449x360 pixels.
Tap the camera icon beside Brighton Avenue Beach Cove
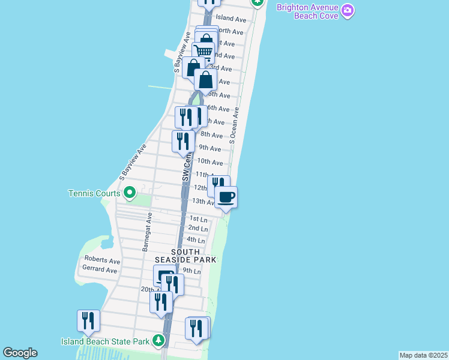[348, 10]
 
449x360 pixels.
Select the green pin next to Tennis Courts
[129, 193]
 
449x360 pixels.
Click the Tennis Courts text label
[94, 193]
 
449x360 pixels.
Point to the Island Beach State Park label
[105, 341]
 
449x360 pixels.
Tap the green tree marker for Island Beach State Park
[158, 341]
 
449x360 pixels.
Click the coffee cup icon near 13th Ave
[226, 197]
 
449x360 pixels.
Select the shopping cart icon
[203, 52]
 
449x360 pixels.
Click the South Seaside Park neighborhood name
[185, 256]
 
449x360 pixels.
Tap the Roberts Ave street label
[102, 261]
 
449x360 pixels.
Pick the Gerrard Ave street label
[100, 270]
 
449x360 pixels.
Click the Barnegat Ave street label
[148, 231]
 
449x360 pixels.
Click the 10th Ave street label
[210, 161]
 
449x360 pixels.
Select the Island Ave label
[231, 19]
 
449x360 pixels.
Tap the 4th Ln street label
[196, 240]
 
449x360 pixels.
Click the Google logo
[20, 353]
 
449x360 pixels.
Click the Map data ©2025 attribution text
[424, 355]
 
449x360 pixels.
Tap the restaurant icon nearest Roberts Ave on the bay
[88, 320]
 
